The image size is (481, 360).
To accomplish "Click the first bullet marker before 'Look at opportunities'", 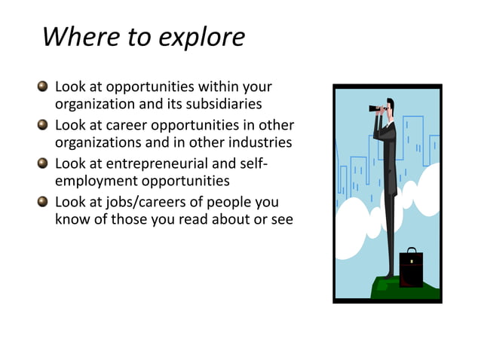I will coord(43,87).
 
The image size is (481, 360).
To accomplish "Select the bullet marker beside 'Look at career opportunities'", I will coord(43,125).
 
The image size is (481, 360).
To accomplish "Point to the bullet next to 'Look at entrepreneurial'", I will coord(43,163).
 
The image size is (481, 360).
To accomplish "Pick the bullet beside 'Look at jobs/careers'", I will coord(43,202).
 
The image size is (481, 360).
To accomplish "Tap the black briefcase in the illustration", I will coord(411,270).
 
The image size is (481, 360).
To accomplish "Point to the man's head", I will coord(390,105).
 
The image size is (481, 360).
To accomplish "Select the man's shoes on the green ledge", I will coord(388,276).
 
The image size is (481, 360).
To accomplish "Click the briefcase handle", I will coord(411,250).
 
